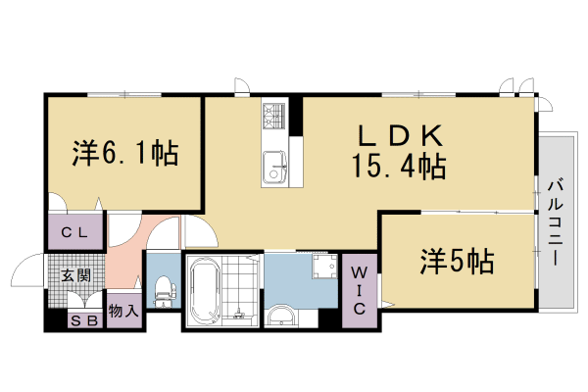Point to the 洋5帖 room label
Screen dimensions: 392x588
pos(457,262)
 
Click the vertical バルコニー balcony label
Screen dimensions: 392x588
pos(555,221)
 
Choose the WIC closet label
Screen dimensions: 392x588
pos(358,289)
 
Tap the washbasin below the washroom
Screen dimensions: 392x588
pos(281,316)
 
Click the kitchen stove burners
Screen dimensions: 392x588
pos(271,117)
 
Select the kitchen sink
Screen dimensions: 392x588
pos(272,166)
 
